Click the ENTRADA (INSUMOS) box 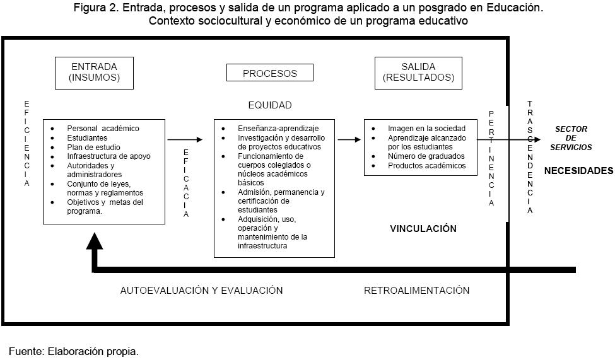95,73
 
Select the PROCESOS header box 269,73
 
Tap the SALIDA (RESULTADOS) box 418,73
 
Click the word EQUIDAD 269,105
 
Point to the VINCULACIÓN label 423,229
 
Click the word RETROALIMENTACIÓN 416,291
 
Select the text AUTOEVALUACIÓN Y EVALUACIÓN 201,291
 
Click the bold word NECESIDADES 578,171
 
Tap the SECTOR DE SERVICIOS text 572,138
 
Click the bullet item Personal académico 103,129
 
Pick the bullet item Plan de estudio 93,147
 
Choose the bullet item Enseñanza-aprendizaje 278,129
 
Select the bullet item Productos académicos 426,166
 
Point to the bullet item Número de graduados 426,156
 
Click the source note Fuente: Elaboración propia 73,351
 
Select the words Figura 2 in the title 96,8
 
